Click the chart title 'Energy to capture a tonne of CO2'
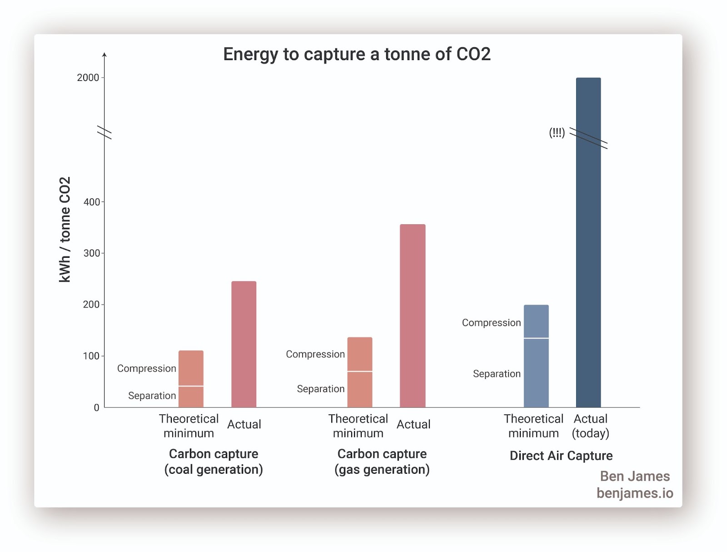pos(357,54)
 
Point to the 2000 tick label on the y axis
pos(88,78)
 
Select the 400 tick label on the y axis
pos(91,202)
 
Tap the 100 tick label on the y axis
pos(91,356)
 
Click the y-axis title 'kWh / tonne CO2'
pos(65,230)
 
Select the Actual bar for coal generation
pos(244,344)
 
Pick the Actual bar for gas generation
pos(413,316)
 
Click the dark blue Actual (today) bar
pos(588,242)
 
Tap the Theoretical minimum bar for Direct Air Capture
pos(536,356)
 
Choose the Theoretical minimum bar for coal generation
pos(191,379)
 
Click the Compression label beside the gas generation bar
pos(315,354)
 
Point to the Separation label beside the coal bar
pos(152,396)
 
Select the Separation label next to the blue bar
pos(497,374)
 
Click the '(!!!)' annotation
pos(557,133)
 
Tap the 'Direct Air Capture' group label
pos(561,456)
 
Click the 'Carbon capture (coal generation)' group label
pos(214,462)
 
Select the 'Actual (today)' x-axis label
pos(590,426)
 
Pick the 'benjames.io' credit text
pos(635,493)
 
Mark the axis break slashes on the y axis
pos(105,132)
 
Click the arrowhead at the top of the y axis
pos(105,55)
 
